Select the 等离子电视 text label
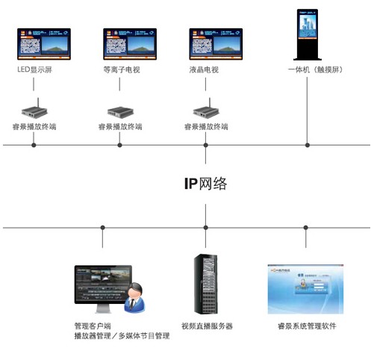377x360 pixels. (120, 70)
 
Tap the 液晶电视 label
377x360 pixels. (205, 70)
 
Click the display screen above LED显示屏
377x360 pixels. (44, 43)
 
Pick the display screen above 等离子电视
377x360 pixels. (131, 43)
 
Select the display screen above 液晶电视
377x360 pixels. (216, 43)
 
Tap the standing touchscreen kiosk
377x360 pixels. (308, 34)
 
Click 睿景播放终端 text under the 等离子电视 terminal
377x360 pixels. (120, 127)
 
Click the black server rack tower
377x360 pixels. (207, 284)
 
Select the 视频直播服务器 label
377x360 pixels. (207, 326)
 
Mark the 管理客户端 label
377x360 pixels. (92, 326)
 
